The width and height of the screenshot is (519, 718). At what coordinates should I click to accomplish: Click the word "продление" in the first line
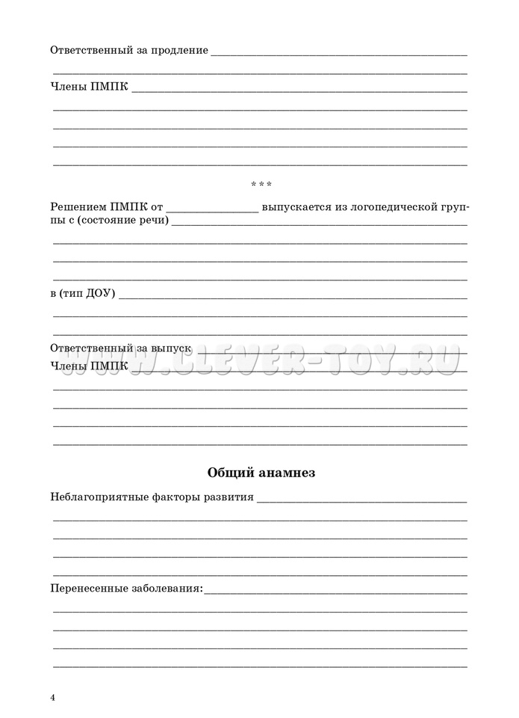pos(181,51)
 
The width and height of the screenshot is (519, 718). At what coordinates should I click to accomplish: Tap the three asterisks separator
pos(260,184)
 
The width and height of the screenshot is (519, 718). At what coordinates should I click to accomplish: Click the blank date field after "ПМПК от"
pos(213,209)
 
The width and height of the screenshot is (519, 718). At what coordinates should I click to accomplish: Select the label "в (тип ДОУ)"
pos(82,293)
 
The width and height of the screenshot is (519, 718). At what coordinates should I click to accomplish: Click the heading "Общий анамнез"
pos(261,473)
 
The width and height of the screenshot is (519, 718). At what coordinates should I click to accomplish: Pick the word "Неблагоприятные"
pos(96,497)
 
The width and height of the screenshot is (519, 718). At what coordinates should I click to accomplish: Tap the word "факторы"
pos(173,497)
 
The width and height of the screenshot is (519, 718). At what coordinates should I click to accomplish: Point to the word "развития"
pos(229,497)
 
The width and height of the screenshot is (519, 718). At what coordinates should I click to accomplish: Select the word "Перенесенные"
pos(84,589)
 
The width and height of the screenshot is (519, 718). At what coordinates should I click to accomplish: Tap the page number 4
pos(53,698)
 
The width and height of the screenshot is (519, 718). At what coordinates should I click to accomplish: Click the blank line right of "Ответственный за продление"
pos(339,54)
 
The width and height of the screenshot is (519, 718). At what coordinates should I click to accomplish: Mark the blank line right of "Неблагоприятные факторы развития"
pos(361,500)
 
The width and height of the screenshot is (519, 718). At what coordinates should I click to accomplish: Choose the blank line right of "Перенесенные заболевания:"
pos(335,592)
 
